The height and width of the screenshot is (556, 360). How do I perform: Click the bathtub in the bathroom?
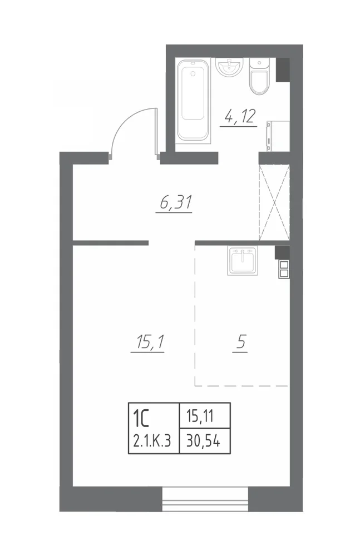click(193, 101)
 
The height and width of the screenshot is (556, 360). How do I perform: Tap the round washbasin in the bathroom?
click(229, 67)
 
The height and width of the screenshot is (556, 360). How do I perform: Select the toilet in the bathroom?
click(259, 76)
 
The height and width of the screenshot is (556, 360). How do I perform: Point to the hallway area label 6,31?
click(174, 202)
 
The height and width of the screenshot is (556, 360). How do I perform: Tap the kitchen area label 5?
click(241, 342)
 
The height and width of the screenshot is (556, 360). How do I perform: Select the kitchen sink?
click(242, 261)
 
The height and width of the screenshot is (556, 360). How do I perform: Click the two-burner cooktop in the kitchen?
click(284, 269)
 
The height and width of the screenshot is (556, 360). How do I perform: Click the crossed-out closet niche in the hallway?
click(274, 202)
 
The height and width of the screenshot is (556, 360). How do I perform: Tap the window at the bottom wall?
click(205, 499)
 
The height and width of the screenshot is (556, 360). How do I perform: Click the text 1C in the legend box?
click(141, 418)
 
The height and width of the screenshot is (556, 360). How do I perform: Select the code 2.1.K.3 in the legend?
click(152, 441)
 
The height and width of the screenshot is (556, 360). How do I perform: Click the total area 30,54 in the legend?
click(204, 441)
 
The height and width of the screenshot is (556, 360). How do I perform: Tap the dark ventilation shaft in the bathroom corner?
click(283, 70)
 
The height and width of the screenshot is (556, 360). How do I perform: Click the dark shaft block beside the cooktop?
click(282, 252)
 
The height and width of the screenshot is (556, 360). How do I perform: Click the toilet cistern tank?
click(259, 64)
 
